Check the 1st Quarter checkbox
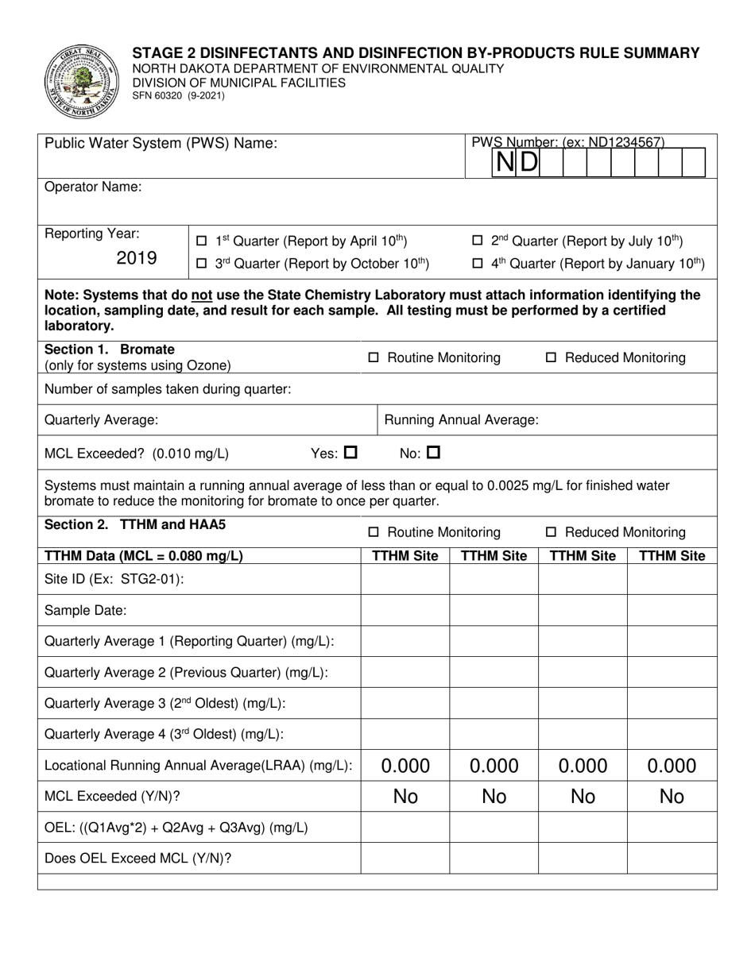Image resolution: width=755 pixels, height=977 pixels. [x=201, y=241]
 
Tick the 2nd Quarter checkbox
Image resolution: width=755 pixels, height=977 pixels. [x=477, y=241]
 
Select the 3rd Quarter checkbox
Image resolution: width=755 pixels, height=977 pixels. [x=201, y=263]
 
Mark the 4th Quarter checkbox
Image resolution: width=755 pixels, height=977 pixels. [x=477, y=263]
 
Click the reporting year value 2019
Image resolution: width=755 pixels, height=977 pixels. [x=137, y=258]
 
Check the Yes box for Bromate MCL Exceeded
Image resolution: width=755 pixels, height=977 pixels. [x=350, y=454]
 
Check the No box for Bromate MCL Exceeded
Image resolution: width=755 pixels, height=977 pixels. [x=433, y=454]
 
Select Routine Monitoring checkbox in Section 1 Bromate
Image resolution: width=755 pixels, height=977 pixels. [x=374, y=358]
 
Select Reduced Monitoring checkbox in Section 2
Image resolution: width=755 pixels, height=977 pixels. [x=552, y=532]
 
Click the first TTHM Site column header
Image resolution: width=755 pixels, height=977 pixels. [x=405, y=556]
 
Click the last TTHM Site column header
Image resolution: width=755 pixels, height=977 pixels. [x=672, y=556]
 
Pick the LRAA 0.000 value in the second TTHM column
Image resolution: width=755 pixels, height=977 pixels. [x=494, y=766]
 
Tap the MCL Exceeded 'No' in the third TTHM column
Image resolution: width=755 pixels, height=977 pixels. [x=583, y=797]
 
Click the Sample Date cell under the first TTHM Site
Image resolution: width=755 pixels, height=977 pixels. [x=405, y=610]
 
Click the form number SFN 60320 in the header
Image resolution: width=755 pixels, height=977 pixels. [x=178, y=95]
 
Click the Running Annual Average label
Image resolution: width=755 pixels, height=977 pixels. [x=461, y=419]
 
